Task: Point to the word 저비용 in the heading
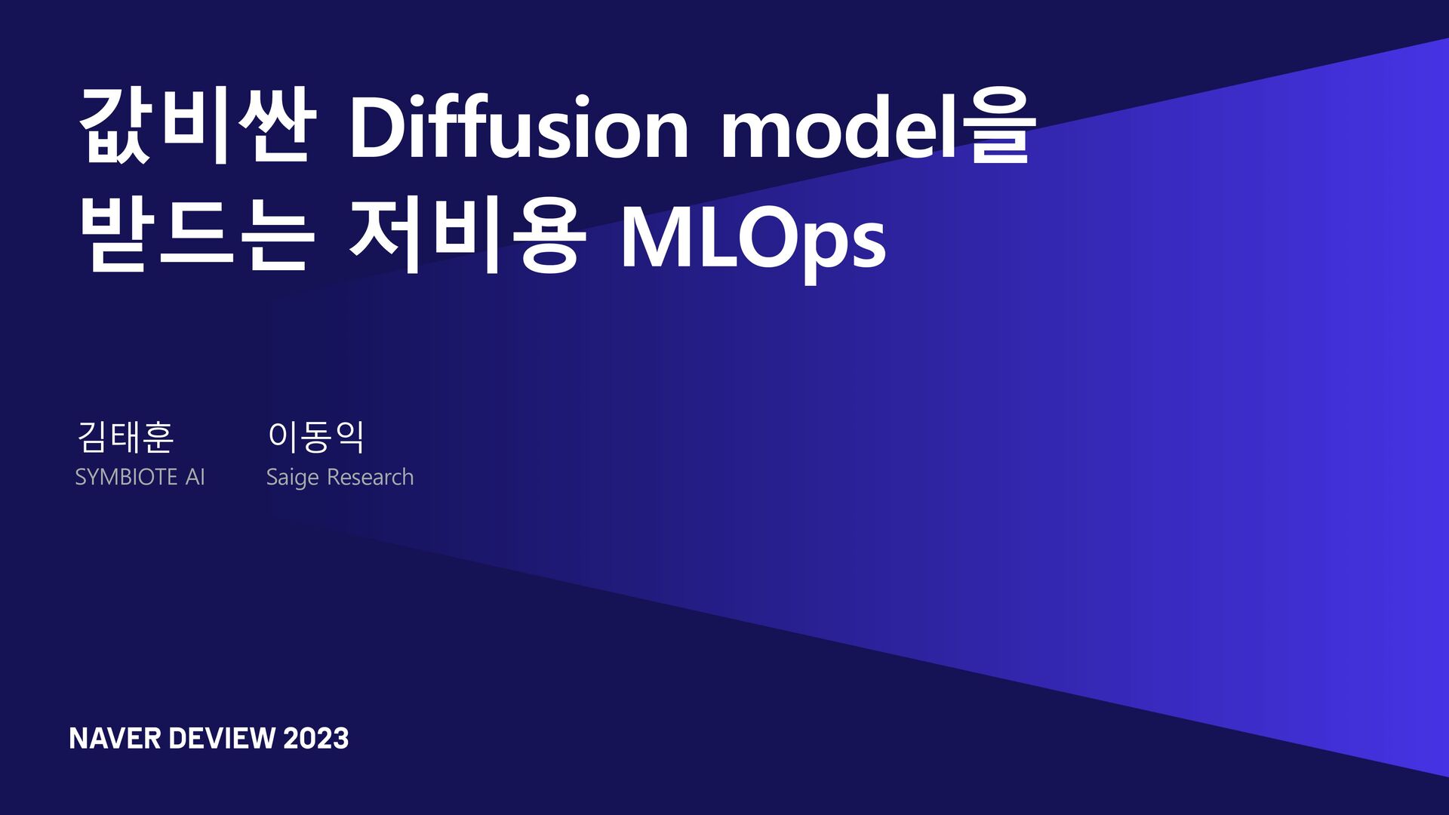coord(468,235)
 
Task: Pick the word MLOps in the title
coord(752,238)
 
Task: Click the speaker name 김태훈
coord(125,437)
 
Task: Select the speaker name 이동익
coord(316,437)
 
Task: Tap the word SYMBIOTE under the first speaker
coord(126,478)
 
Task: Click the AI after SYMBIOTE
coord(195,478)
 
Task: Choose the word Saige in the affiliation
coord(292,478)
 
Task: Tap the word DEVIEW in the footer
coord(222,738)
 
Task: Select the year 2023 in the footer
coord(316,738)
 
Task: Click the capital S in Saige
coord(272,478)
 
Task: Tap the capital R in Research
coord(334,478)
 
